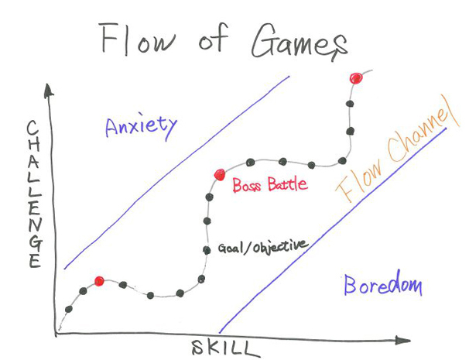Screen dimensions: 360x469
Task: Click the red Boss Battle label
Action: pyautogui.click(x=270, y=185)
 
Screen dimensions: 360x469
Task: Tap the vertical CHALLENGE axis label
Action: pyautogui.click(x=33, y=194)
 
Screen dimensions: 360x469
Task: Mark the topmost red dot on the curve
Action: pyautogui.click(x=355, y=78)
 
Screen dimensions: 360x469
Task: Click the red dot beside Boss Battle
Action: pyautogui.click(x=219, y=175)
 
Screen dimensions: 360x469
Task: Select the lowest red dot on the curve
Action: pyautogui.click(x=99, y=281)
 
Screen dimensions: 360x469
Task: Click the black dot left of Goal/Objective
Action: pyautogui.click(x=207, y=249)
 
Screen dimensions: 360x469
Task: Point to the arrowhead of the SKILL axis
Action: pyautogui.click(x=404, y=340)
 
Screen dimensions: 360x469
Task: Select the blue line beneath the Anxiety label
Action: pyautogui.click(x=178, y=170)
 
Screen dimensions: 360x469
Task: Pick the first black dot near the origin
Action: pyautogui.click(x=69, y=309)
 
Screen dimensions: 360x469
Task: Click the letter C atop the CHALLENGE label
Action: pyautogui.click(x=33, y=126)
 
